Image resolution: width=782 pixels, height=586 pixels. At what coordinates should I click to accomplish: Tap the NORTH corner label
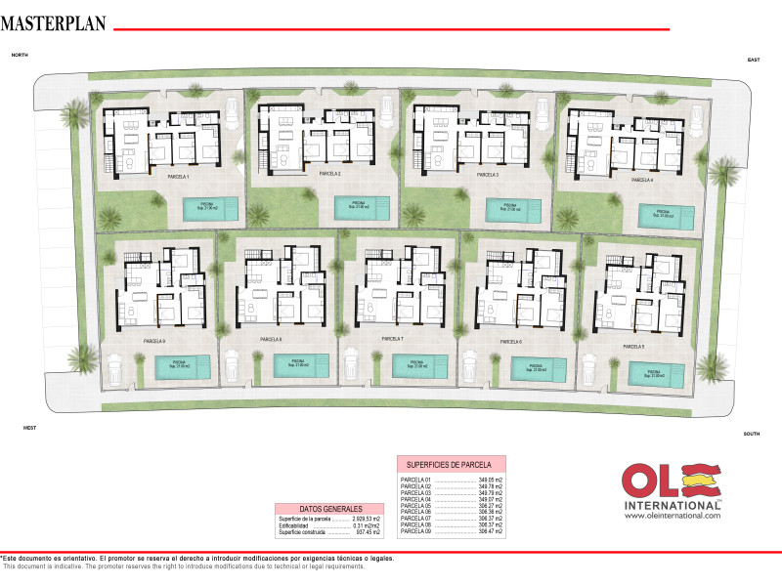coord(20,57)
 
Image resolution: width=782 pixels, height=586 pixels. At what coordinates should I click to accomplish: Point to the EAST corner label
coord(754,61)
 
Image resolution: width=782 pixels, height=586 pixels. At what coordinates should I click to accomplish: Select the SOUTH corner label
coord(751,434)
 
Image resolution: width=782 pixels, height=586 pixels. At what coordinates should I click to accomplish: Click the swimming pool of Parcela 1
coord(210,207)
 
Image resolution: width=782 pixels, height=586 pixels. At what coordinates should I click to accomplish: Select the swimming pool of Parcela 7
coord(418,365)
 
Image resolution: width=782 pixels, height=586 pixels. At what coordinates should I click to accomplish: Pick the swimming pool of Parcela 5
coord(657,374)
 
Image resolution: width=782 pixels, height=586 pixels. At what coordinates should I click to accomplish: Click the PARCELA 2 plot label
coord(329,174)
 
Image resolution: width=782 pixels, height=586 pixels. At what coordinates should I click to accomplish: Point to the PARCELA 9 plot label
coord(154,341)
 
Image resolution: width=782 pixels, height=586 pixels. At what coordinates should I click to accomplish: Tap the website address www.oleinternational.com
coord(673,515)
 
